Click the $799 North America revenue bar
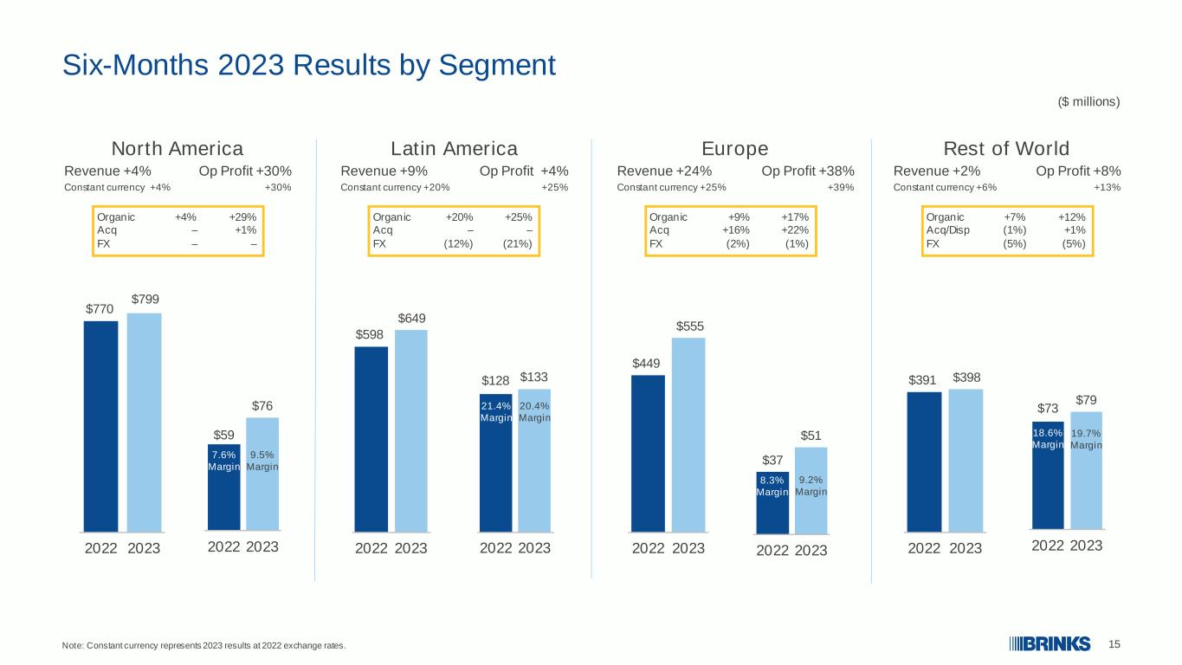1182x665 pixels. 144,423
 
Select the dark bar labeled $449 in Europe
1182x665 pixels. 648,454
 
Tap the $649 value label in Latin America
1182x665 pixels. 411,319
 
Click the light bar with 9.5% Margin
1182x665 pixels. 262,474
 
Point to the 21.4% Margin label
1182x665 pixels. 496,411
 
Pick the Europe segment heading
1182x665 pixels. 735,149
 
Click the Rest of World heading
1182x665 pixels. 1006,149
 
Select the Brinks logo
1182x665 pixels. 1050,644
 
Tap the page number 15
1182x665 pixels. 1114,644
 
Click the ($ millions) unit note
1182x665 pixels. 1088,101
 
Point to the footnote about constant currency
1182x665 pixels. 203,645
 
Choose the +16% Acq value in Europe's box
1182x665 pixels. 735,230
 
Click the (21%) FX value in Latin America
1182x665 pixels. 517,244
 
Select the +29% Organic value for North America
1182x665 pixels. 242,217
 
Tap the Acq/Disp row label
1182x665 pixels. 947,230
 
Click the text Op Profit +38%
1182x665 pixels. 808,171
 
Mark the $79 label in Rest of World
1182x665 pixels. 1087,400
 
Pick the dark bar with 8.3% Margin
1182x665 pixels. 772,502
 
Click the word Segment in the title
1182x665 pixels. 497,66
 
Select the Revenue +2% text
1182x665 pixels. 937,171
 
